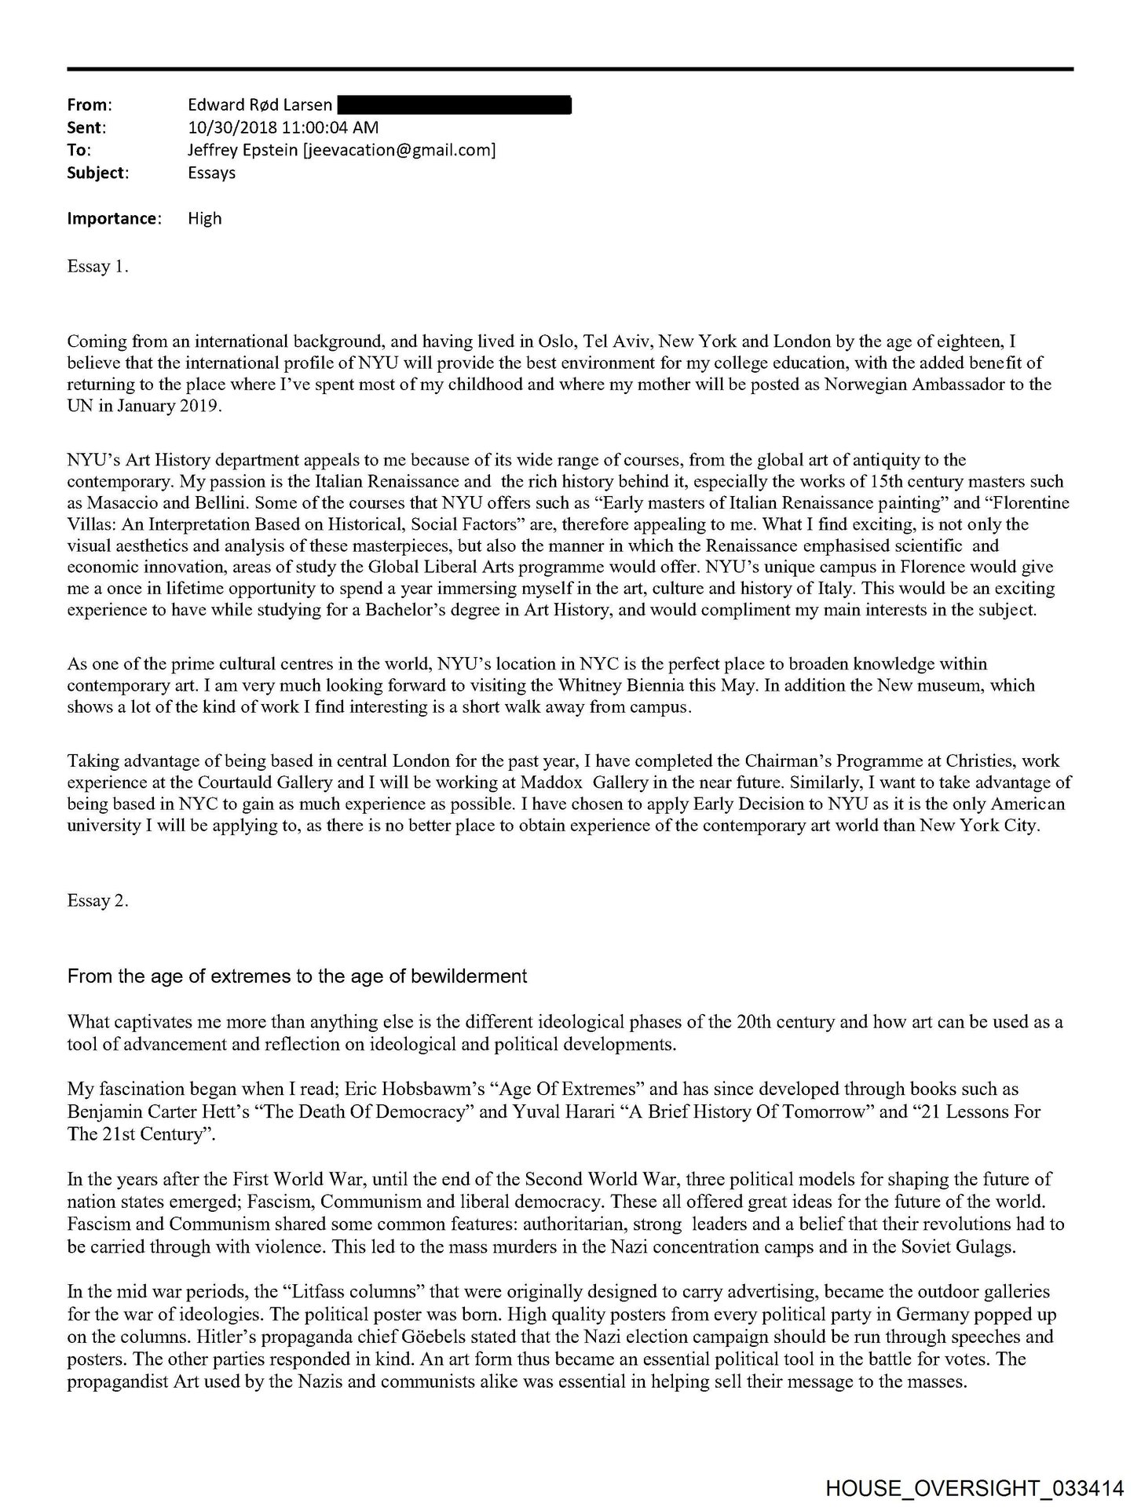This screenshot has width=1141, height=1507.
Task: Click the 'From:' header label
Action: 90,104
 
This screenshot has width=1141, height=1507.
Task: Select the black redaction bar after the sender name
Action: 454,104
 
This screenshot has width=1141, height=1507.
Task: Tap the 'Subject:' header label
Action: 98,173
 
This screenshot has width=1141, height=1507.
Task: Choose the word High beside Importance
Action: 204,218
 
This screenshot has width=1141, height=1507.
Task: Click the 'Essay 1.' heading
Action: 97,266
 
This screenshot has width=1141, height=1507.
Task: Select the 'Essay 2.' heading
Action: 97,900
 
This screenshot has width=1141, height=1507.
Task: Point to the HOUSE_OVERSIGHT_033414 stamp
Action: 974,1487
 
